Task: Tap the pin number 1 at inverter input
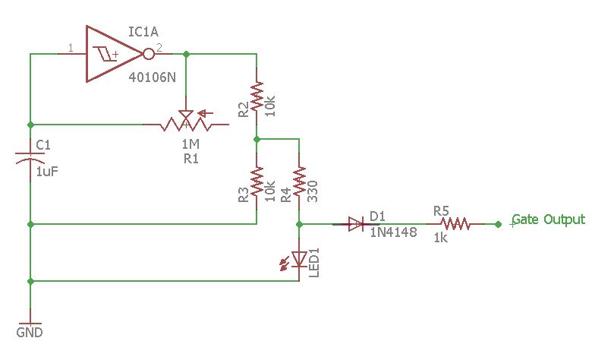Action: (71, 49)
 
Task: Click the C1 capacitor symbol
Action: (30, 158)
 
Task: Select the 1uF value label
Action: (47, 172)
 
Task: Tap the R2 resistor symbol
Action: (257, 97)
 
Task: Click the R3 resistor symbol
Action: (257, 182)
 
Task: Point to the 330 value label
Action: (312, 190)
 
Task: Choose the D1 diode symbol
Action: (356, 224)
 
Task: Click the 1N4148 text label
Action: (393, 233)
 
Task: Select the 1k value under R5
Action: (440, 238)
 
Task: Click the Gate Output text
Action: (548, 219)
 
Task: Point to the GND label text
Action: (30, 333)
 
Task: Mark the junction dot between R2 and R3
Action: (257, 140)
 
